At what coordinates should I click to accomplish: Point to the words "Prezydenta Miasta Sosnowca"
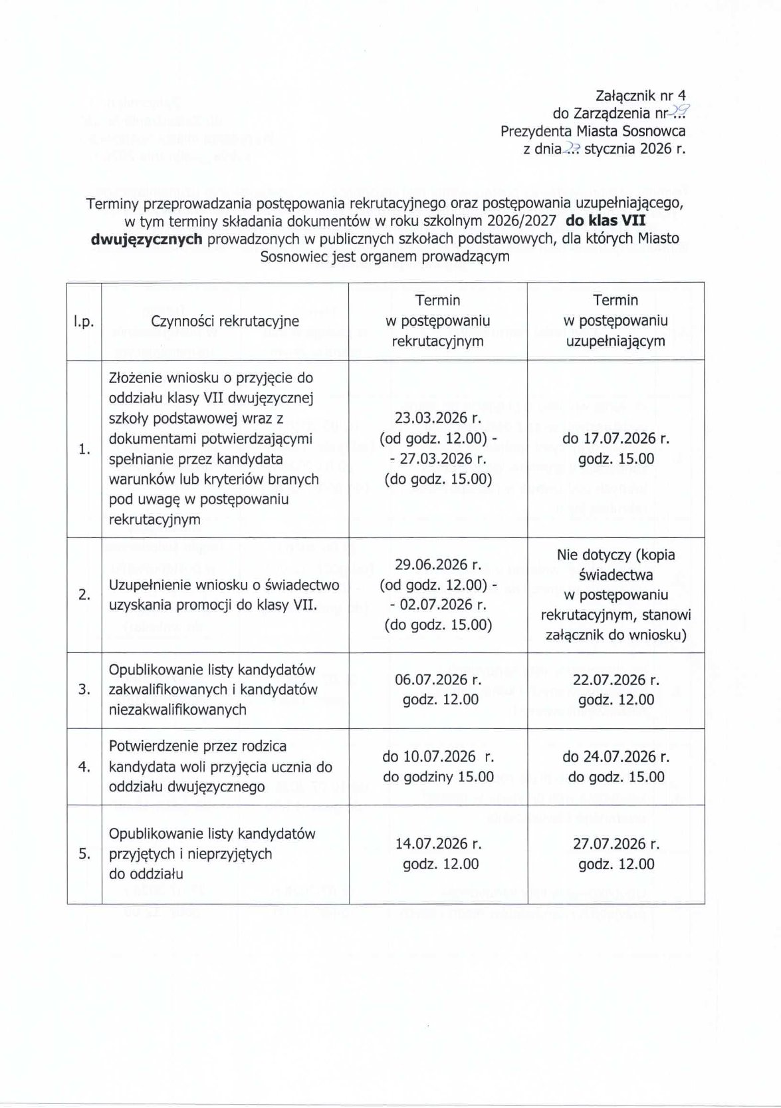click(x=593, y=131)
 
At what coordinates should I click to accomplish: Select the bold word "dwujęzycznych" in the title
click(x=146, y=239)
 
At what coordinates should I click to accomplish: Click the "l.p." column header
click(x=84, y=321)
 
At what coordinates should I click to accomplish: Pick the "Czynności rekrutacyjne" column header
click(x=225, y=321)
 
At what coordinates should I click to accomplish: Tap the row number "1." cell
click(x=84, y=449)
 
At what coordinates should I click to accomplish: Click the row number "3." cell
click(x=84, y=690)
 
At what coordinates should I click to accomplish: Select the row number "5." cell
click(x=84, y=854)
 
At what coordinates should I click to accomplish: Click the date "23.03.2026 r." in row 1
click(x=438, y=418)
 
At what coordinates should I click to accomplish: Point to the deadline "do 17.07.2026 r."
click(x=615, y=438)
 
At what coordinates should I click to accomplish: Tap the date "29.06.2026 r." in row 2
click(x=438, y=565)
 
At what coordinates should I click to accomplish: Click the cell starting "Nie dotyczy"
click(x=615, y=595)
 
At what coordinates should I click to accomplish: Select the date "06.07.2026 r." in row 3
click(x=438, y=680)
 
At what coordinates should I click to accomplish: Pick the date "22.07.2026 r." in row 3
click(x=615, y=680)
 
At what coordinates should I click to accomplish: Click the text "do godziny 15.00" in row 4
click(x=438, y=777)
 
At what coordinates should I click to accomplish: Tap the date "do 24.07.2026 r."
click(x=615, y=757)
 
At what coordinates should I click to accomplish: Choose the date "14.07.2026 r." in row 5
click(x=438, y=844)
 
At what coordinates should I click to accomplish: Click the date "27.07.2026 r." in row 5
click(x=615, y=844)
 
